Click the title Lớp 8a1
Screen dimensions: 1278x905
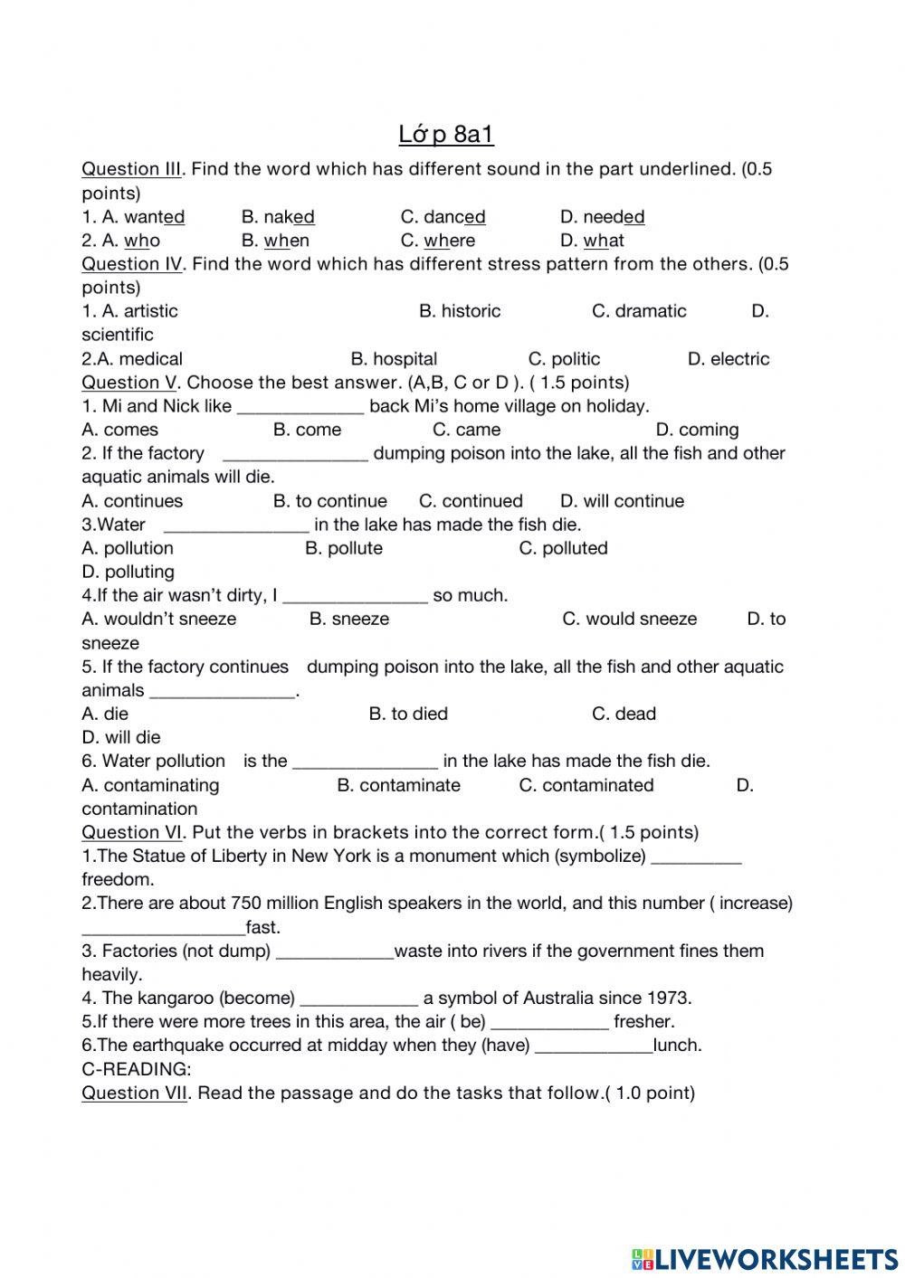coord(446,135)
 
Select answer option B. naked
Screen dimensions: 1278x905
coord(278,217)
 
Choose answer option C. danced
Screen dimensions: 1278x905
coord(443,217)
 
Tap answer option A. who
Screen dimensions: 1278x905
coord(120,241)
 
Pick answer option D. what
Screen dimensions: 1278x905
coord(592,241)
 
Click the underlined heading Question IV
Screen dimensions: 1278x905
coord(132,264)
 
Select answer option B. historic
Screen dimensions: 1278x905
coord(459,311)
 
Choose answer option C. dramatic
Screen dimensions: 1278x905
coord(639,311)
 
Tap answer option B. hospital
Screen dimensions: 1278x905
coord(394,359)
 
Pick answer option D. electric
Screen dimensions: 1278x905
coord(728,359)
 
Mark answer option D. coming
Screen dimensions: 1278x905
coord(697,430)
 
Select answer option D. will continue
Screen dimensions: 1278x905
coord(622,501)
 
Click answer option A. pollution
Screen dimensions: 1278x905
coord(128,548)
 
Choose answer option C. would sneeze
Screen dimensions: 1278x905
coord(629,619)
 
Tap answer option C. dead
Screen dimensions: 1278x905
coord(624,714)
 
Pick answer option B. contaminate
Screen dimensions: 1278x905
coord(398,785)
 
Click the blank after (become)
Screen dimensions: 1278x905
coord(358,999)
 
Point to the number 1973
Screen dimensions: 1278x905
coord(669,999)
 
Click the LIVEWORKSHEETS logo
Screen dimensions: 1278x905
coord(765,1258)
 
